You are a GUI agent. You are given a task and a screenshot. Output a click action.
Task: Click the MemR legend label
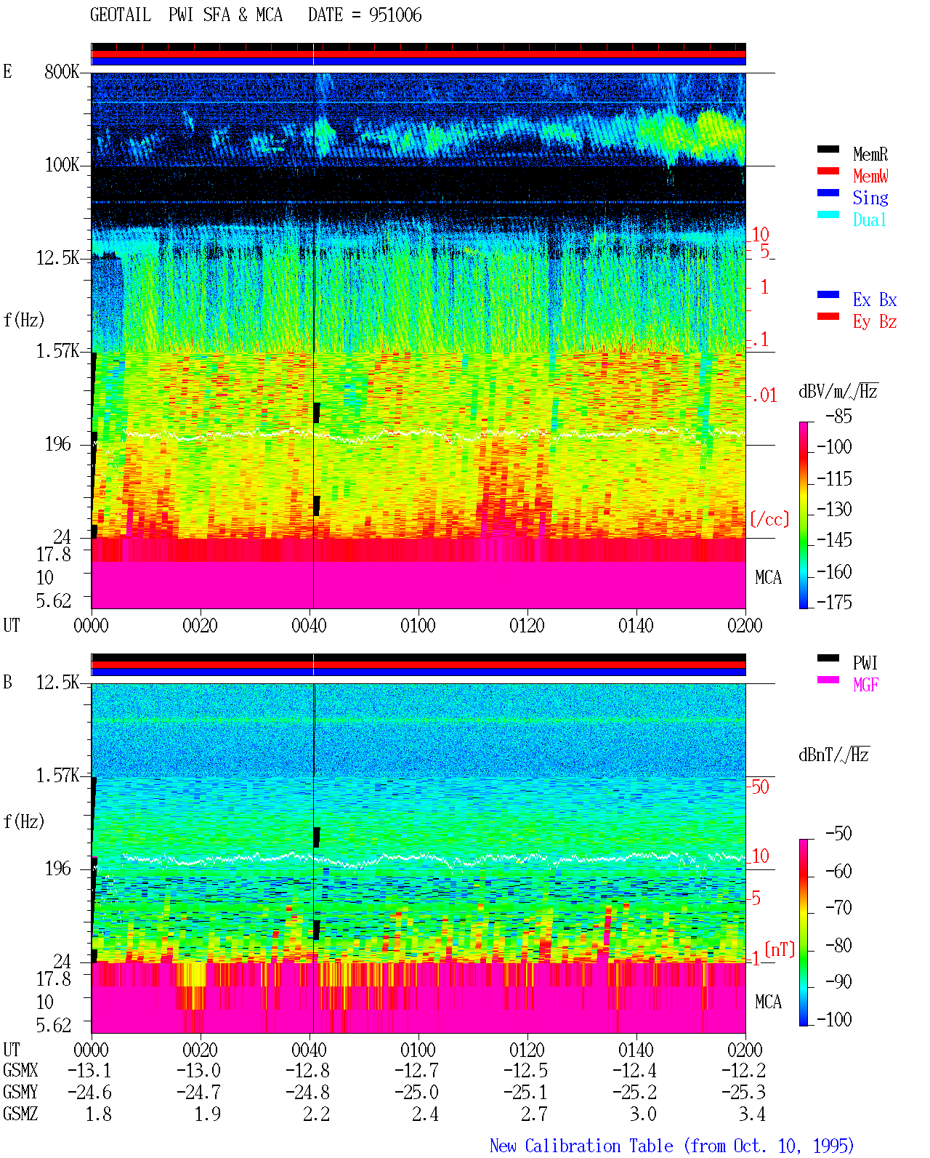[x=870, y=154]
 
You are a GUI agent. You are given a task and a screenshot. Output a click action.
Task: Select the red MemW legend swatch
[x=828, y=171]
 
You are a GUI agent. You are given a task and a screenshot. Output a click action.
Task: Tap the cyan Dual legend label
[x=869, y=220]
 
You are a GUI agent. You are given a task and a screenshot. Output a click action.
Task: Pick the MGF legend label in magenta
[x=865, y=685]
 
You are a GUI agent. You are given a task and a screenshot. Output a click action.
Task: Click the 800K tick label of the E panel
[x=61, y=71]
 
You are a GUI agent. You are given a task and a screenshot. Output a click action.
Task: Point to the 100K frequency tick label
[x=62, y=165]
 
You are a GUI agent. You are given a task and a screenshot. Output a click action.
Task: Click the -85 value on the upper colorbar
[x=838, y=416]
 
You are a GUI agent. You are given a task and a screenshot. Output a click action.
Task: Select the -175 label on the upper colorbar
[x=834, y=602]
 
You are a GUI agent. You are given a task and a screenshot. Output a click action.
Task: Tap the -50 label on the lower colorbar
[x=838, y=834]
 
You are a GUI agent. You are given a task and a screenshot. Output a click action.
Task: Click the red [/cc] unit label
[x=769, y=519]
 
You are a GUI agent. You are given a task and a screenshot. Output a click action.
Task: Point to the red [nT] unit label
[x=780, y=949]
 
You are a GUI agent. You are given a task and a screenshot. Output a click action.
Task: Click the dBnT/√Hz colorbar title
[x=834, y=755]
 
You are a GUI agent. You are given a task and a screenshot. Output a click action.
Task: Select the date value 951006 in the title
[x=395, y=15]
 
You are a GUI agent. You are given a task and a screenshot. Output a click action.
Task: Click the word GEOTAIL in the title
[x=121, y=15]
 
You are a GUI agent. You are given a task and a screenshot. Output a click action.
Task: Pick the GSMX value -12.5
[x=525, y=1070]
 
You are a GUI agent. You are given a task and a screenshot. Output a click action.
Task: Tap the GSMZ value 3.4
[x=752, y=1114]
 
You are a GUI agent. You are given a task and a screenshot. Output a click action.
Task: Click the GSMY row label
[x=20, y=1092]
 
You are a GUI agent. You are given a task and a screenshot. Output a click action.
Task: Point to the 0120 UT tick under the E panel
[x=527, y=625]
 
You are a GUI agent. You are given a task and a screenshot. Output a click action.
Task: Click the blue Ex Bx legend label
[x=875, y=299]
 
